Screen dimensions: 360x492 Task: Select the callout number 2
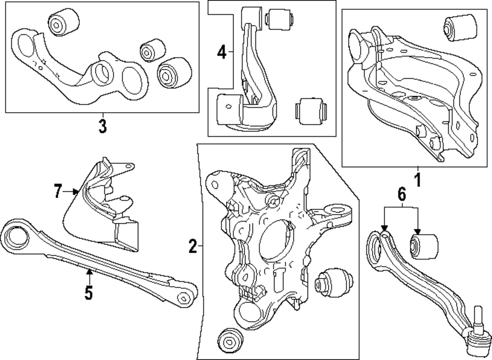pyautogui.click(x=193, y=245)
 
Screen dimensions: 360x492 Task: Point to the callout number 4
pyautogui.click(x=222, y=52)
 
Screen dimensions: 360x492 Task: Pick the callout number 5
pyautogui.click(x=89, y=293)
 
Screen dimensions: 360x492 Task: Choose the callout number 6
pyautogui.click(x=401, y=195)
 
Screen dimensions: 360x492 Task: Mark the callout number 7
pyautogui.click(x=58, y=191)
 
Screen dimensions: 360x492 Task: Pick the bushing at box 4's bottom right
pyautogui.click(x=310, y=110)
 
